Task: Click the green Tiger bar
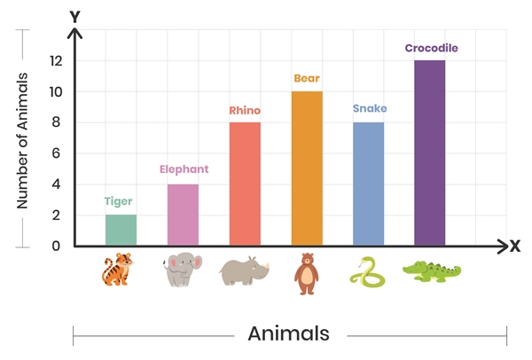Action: pos(121,230)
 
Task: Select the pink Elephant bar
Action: pos(183,215)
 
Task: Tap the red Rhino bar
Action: pos(245,184)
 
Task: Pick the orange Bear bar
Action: pos(307,168)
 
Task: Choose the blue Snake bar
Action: pos(369,184)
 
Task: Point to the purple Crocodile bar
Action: pos(430,153)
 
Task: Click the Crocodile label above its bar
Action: pos(432,48)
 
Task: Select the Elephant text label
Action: pos(184,168)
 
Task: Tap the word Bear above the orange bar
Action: pos(307,78)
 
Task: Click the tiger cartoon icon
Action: pos(118,270)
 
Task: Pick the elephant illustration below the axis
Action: pos(183,270)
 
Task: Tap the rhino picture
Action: pos(245,271)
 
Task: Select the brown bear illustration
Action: pos(306,273)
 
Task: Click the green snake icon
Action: pos(368,272)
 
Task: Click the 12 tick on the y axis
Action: pos(56,61)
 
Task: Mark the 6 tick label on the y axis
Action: pos(56,153)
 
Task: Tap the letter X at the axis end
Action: pos(514,247)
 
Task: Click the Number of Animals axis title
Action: pos(23,139)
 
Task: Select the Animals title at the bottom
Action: pos(288,334)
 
